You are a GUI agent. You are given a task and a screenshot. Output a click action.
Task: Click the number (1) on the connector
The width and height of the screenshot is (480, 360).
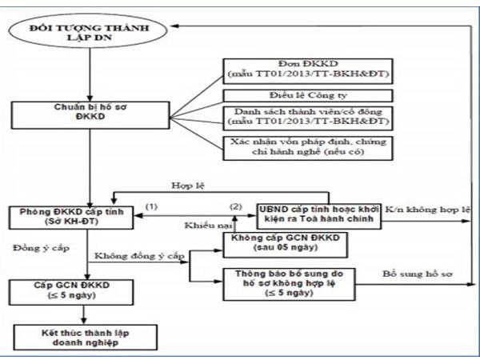(x=149, y=206)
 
